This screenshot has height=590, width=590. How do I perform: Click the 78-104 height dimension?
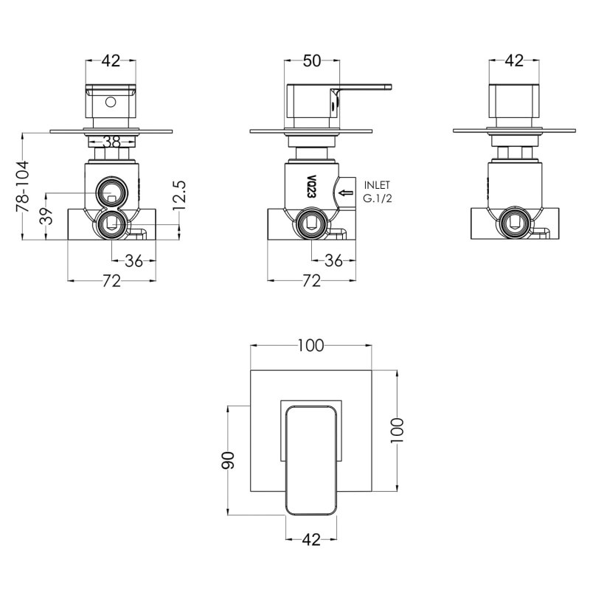pos(21,187)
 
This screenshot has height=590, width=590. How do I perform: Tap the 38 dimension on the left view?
pos(111,142)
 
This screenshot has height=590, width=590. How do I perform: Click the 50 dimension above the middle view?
pos(312,61)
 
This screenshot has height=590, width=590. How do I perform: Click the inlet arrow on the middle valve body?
pos(344,194)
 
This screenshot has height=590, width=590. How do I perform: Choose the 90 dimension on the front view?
pos(229,460)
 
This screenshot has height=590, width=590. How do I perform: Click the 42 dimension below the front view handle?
pos(311,540)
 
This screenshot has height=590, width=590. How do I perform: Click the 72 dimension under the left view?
pos(113,280)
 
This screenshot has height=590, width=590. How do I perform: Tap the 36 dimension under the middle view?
pos(333,260)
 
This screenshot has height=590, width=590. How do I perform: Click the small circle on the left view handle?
pos(111,103)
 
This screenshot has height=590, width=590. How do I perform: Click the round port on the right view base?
pos(513,221)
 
